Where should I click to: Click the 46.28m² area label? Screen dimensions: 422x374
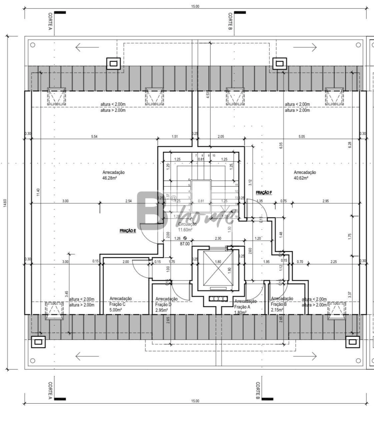tap(110, 178)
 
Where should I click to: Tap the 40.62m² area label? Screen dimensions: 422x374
tap(301, 178)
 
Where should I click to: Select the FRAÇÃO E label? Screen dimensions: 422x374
tap(128, 231)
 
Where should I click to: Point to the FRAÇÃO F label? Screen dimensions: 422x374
tap(264, 193)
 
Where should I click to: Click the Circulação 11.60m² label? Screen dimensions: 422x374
tap(187, 227)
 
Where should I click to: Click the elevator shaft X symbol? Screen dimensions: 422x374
tap(218, 268)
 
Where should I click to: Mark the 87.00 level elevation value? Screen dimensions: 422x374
tap(185, 244)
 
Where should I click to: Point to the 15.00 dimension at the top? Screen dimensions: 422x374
tap(195, 6)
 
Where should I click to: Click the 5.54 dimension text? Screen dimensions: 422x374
tap(94, 137)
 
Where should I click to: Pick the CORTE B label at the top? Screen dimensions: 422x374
tap(230, 21)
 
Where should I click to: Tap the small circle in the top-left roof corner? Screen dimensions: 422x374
tap(33, 45)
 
